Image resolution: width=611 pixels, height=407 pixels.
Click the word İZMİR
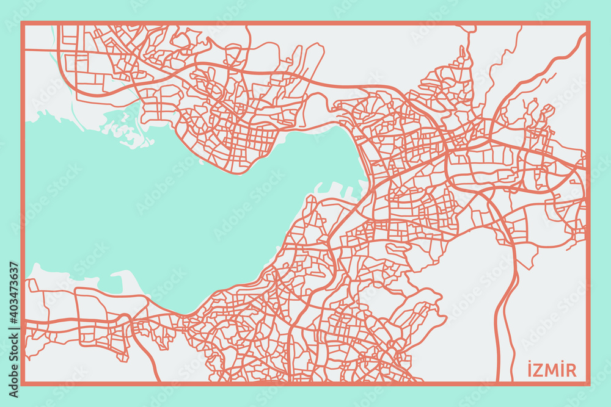tap(552, 370)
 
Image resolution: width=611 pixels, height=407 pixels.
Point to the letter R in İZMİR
tap(571, 370)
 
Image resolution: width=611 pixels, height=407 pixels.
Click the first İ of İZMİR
tap(529, 370)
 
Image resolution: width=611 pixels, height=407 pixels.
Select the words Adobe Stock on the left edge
tap(13, 355)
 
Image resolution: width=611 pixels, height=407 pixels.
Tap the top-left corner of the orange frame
tap(23, 23)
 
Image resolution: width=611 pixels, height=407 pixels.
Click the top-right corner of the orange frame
tap(588, 23)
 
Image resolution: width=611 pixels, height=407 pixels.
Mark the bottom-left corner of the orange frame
tap(23, 384)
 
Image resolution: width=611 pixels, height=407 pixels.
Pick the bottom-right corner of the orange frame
tap(588, 384)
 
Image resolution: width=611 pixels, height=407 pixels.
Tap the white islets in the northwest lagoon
tap(125, 131)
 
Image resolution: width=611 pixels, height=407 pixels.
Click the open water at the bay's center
tap(183, 214)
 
